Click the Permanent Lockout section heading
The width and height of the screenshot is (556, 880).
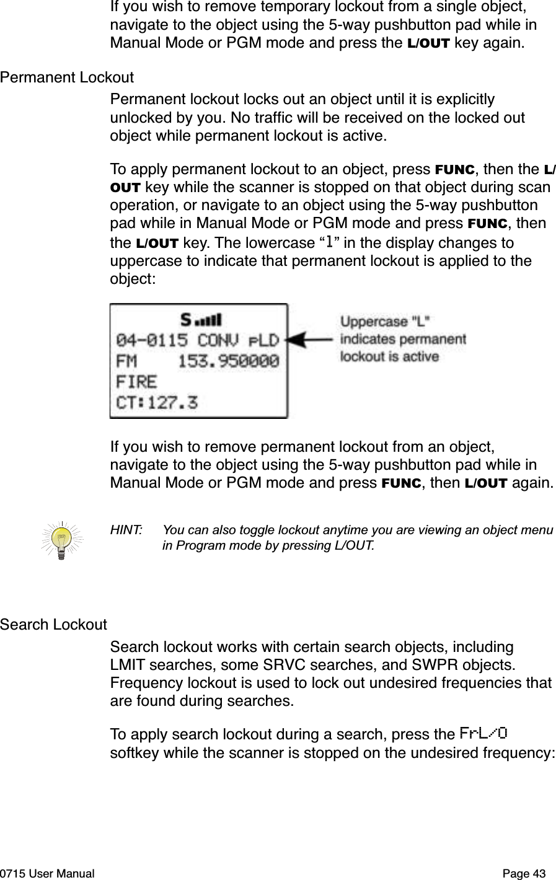click(67, 78)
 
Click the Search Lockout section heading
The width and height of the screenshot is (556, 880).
click(53, 624)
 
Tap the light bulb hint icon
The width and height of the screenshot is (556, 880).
click(61, 537)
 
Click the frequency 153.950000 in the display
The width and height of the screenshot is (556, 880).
click(229, 361)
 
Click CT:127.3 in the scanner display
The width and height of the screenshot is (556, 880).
click(157, 402)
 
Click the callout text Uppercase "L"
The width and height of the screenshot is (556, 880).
click(387, 322)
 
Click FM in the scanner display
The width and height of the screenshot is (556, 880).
click(127, 361)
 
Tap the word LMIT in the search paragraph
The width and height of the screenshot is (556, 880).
click(128, 666)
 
